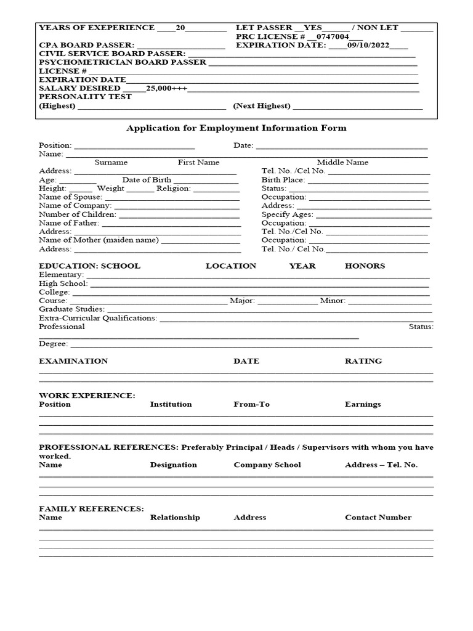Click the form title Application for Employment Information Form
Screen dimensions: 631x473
coord(236,128)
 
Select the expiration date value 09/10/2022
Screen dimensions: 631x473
coord(368,45)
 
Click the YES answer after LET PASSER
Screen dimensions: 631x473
coord(313,28)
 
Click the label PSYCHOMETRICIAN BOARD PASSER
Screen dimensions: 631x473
coord(123,62)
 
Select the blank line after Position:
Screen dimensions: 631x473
coord(134,146)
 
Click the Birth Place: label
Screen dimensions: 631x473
coord(283,180)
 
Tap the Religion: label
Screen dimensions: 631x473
coord(174,189)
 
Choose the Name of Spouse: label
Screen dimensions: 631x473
coord(70,197)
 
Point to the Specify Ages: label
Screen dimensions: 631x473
coord(287,214)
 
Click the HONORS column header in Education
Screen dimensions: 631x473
coord(365,266)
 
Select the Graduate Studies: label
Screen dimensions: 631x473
coord(71,309)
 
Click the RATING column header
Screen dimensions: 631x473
coord(363,361)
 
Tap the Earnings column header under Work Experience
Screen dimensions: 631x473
coord(363,404)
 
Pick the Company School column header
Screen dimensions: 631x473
coord(267,465)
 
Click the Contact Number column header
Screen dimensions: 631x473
coord(378,518)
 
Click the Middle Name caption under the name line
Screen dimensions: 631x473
coord(342,163)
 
